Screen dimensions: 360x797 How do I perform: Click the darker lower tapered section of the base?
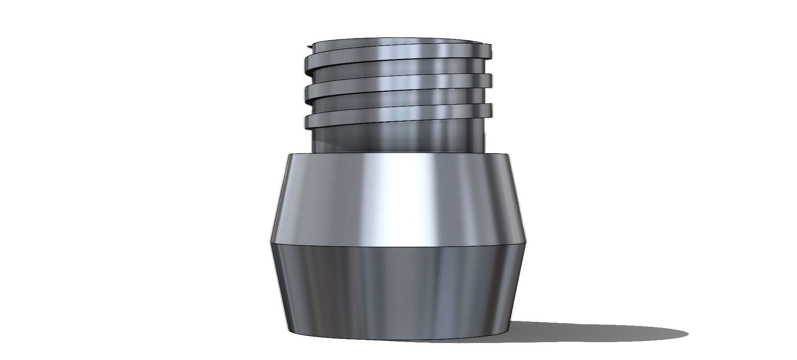[398, 291]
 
